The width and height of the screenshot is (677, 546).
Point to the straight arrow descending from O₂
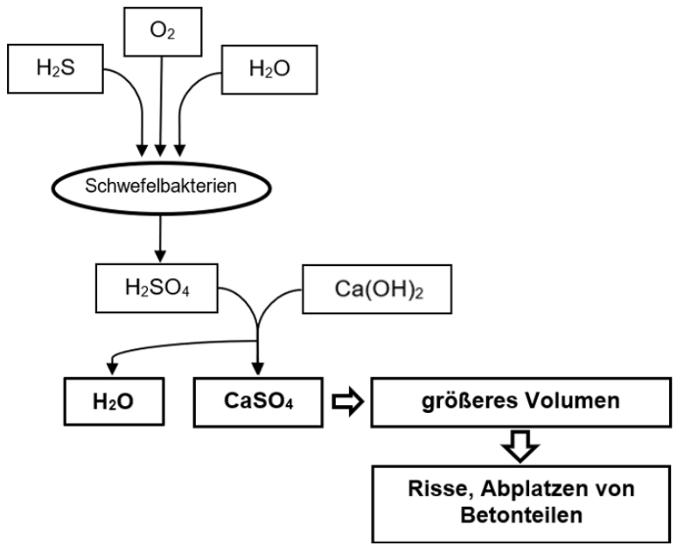pyautogui.click(x=160, y=105)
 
